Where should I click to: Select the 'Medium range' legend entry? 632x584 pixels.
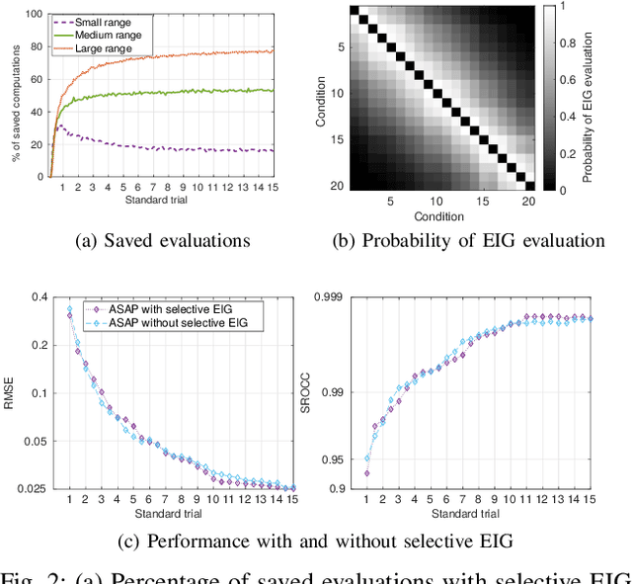point(102,34)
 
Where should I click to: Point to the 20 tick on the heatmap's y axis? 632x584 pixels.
point(336,185)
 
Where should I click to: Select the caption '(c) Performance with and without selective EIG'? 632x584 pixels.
point(314,542)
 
